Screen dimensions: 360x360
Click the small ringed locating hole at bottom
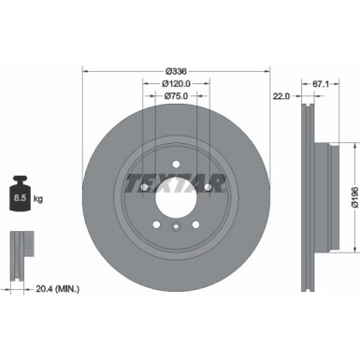(175, 228)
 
